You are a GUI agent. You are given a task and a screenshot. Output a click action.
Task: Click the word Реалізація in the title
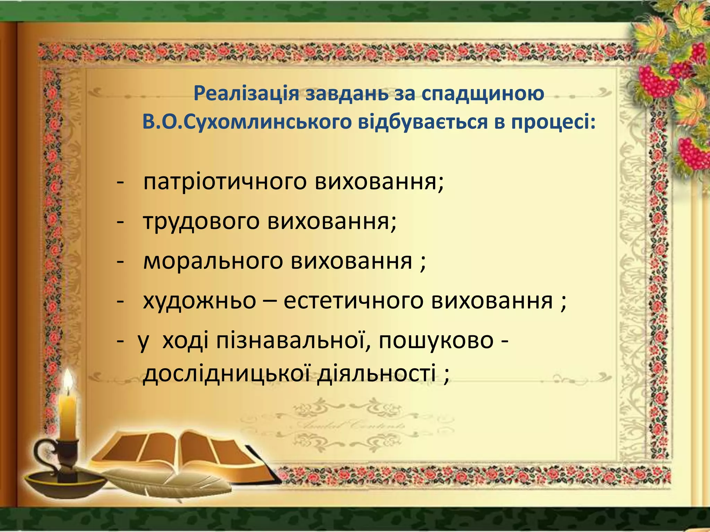click(x=246, y=93)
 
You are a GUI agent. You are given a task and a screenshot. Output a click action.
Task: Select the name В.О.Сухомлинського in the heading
click(x=247, y=122)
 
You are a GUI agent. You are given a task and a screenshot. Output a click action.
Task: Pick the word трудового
click(x=201, y=221)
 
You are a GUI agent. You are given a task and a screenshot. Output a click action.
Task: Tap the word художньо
click(x=199, y=301)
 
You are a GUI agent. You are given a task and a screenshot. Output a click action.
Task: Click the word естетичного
click(x=353, y=301)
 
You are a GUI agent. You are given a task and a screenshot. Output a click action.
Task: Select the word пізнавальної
click(x=291, y=341)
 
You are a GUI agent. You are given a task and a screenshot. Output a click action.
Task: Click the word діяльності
click(x=376, y=374)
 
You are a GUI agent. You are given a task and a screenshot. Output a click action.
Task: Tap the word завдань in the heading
click(x=347, y=93)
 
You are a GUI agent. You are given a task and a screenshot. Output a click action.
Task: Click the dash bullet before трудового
click(x=120, y=222)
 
